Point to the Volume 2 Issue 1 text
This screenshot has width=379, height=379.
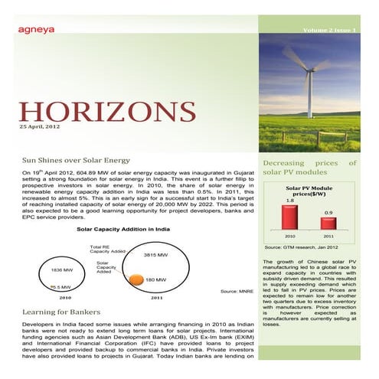point(330,29)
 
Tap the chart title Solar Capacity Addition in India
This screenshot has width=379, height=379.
point(123,229)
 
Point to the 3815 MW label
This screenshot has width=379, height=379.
point(155,254)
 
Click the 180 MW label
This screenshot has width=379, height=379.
point(155,280)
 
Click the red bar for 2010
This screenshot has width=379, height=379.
point(289,217)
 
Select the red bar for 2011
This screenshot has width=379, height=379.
point(328,223)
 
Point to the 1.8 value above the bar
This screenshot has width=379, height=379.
point(289,201)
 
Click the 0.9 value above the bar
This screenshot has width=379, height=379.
point(328,212)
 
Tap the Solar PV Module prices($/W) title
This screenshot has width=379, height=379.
point(309,190)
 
